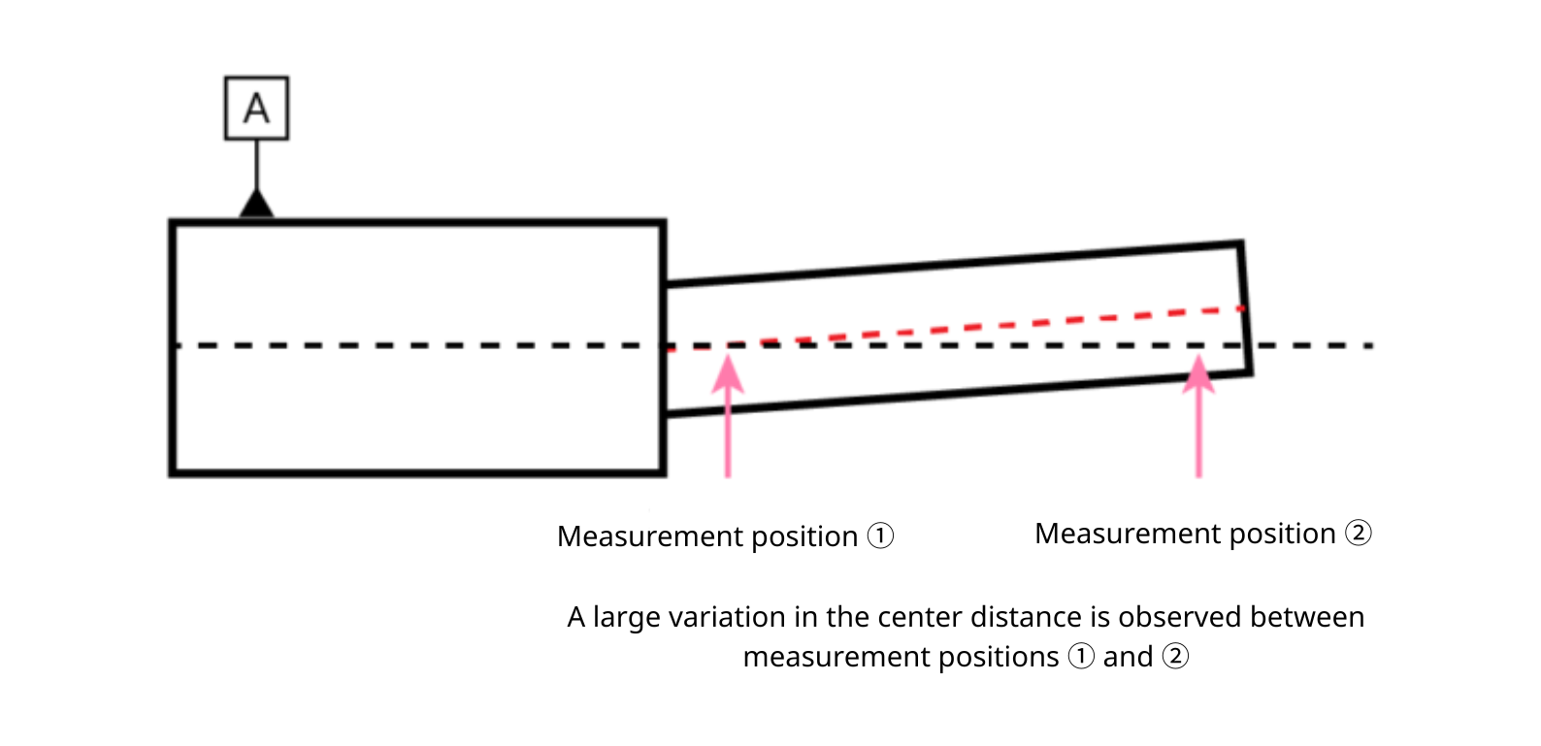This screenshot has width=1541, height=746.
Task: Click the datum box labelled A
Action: pos(256,108)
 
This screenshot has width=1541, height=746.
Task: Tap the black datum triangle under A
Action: pos(256,205)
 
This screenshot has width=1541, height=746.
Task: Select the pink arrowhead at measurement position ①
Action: pos(728,374)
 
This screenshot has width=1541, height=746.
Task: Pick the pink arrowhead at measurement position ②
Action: pos(1198,374)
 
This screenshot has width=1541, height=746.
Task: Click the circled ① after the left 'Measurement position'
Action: pos(880,535)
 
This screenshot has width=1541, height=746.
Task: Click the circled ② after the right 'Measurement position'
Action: pos(1358,533)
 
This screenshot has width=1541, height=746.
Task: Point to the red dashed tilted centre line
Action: pos(956,329)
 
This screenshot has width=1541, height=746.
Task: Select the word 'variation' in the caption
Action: pos(728,617)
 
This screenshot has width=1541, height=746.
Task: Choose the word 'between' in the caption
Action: pos(1307,617)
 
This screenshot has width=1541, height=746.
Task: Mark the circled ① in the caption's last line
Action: pos(1081,656)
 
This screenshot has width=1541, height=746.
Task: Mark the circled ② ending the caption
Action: pos(1175,656)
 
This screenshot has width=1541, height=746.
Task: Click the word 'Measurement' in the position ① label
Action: pos(650,536)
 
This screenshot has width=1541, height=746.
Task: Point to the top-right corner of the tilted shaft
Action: pos(1240,243)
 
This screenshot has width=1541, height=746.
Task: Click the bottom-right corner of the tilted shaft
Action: pos(1251,373)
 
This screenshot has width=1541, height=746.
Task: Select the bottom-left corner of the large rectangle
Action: pos(172,473)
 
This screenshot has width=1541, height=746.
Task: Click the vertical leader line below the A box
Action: pos(256,165)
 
